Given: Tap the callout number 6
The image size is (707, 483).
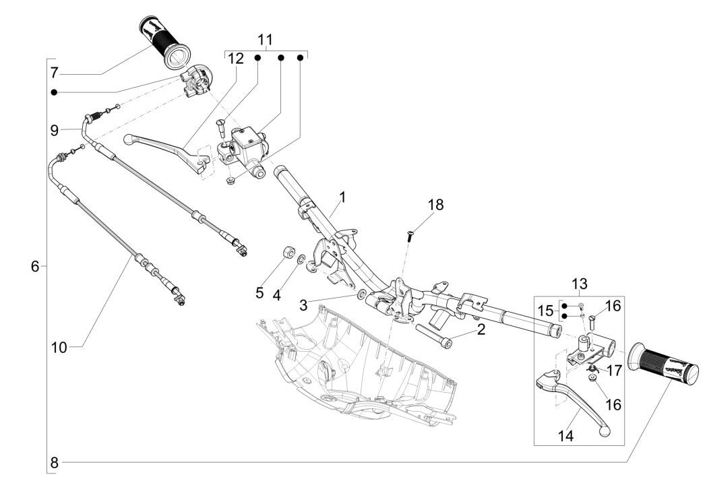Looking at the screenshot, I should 35,267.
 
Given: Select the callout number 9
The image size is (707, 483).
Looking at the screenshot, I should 55,129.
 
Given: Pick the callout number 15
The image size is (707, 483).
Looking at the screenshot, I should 545,311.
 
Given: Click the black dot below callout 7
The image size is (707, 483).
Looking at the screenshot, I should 54,92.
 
